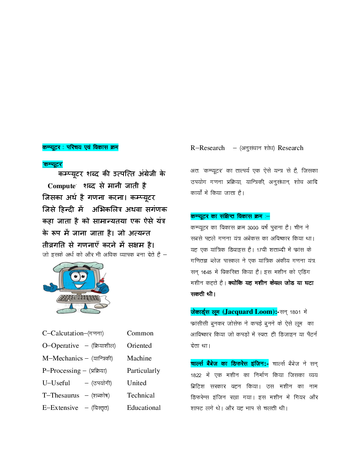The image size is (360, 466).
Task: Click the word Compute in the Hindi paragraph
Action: click(x=62, y=186)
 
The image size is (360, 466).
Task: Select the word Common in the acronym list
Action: click(x=140, y=333)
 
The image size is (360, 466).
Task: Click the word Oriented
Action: click(x=139, y=346)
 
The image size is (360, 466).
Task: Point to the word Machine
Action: click(x=139, y=358)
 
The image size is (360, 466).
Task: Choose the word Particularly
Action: click(x=143, y=371)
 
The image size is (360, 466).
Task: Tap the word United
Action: click(x=137, y=383)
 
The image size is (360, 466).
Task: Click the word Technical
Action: click(x=140, y=395)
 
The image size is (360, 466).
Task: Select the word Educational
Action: click(x=144, y=408)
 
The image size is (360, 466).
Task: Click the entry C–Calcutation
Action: click(x=63, y=333)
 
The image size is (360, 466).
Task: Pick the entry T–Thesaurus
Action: click(x=61, y=395)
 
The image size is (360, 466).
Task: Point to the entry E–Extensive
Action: click(x=60, y=408)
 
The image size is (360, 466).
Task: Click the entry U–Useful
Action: click(x=56, y=383)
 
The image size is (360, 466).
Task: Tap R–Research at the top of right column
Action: click(x=208, y=148)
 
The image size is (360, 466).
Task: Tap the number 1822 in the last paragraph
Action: click(x=196, y=375)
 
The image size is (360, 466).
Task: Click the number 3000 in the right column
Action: click(x=253, y=228)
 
